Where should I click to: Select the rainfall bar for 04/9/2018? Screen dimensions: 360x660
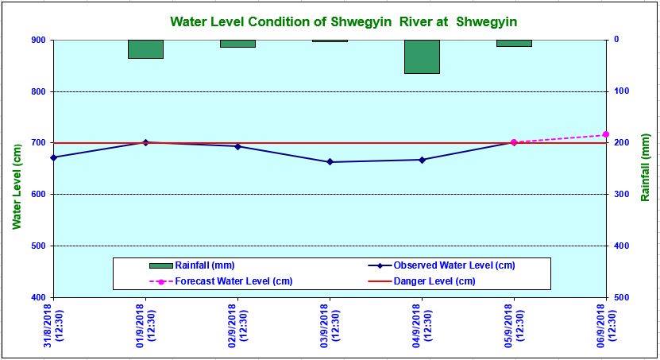[422, 56]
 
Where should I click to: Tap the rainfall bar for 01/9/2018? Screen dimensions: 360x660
[145, 49]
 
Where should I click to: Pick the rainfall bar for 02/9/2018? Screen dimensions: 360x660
[237, 44]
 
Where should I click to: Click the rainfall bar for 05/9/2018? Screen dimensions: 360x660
[514, 43]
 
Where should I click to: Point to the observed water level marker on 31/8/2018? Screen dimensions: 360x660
[53, 157]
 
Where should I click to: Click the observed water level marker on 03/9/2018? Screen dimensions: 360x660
[330, 162]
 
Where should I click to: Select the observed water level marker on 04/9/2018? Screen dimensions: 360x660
[422, 160]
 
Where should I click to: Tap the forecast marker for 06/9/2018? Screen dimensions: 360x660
[606, 134]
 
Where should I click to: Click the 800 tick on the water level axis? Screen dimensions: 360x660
[37, 91]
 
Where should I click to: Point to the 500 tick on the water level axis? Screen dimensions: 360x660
[37, 246]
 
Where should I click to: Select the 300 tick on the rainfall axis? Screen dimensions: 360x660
[622, 194]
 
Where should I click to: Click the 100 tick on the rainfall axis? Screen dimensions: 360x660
[622, 91]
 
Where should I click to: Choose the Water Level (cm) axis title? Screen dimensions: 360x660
[17, 187]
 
